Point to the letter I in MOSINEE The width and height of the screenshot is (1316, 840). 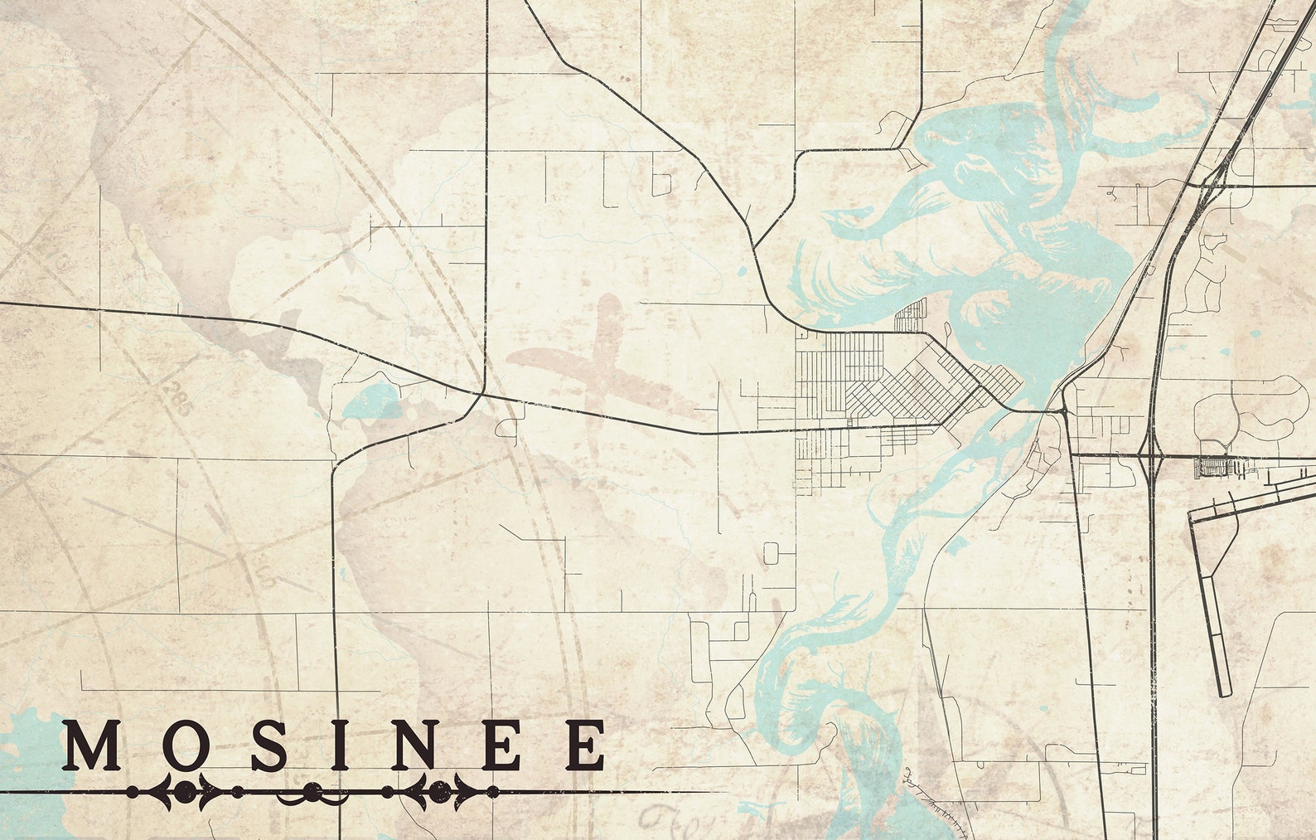340,745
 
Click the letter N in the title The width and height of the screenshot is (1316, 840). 414,745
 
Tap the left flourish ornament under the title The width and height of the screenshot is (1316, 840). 184,792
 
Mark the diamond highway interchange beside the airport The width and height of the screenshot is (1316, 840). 1153,455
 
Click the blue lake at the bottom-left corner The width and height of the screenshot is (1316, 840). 25,763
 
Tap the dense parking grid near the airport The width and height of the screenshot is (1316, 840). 1218,468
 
